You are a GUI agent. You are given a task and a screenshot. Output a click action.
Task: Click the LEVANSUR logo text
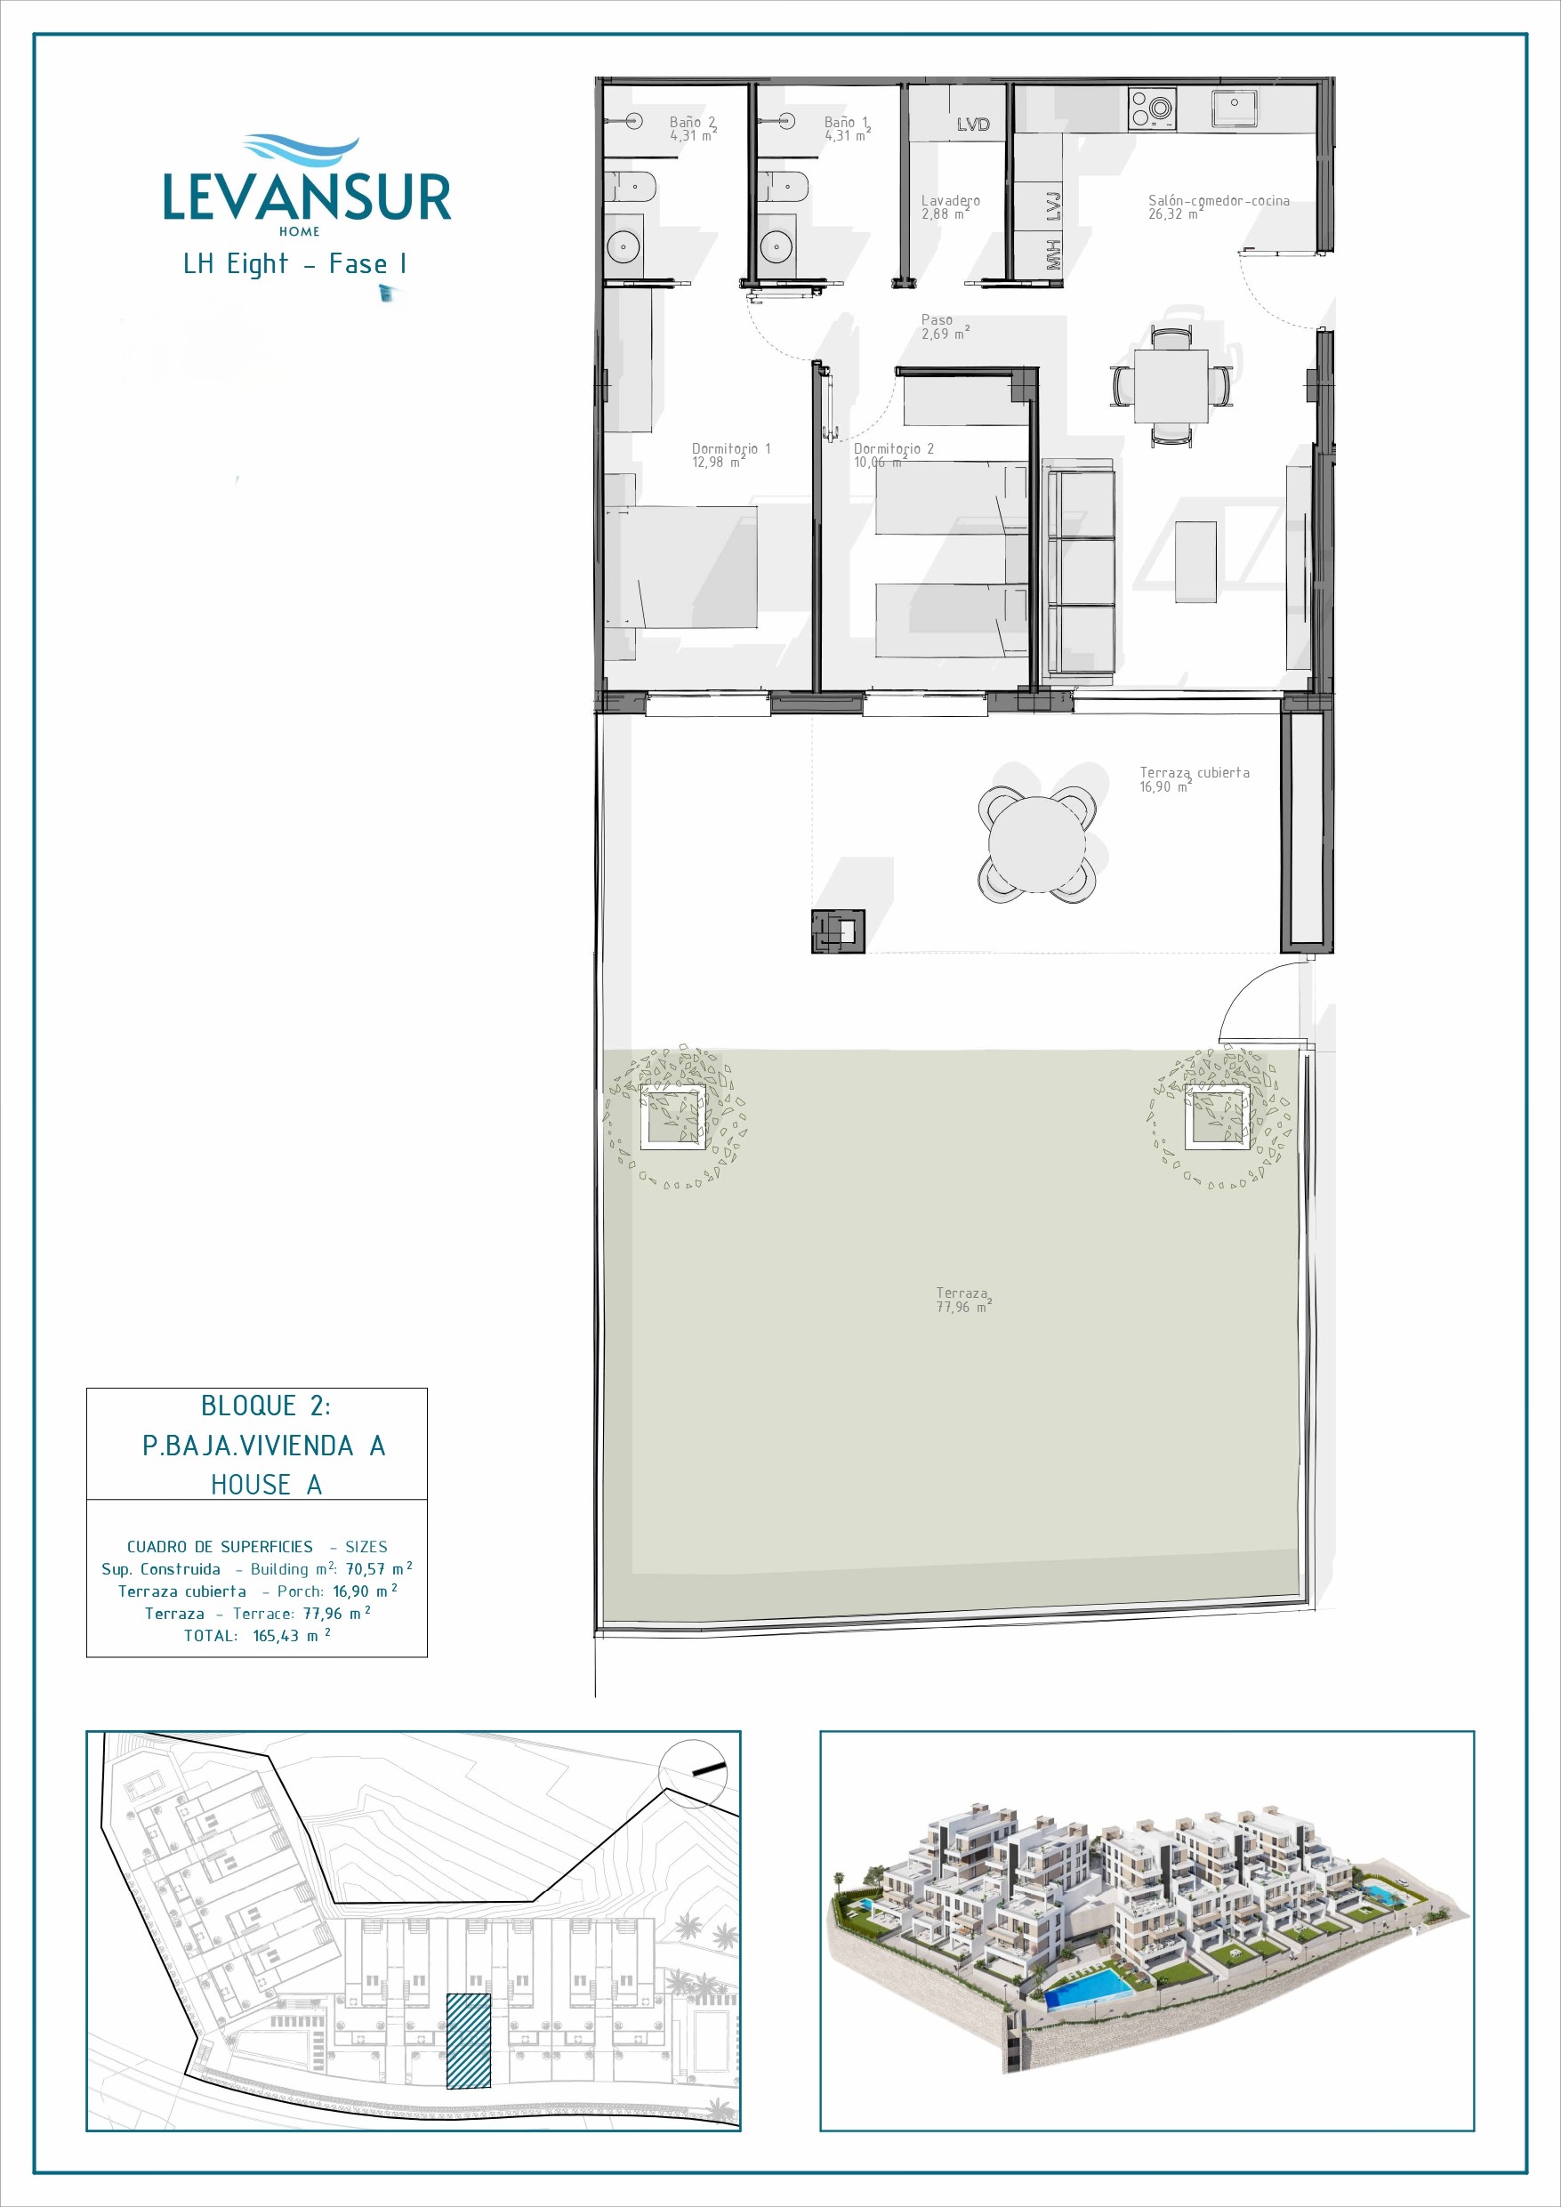[307, 197]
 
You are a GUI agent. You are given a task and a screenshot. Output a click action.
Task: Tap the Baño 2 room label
[692, 129]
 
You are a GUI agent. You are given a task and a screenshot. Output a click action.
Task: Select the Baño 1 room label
[847, 129]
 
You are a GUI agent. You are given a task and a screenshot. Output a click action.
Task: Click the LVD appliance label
[973, 124]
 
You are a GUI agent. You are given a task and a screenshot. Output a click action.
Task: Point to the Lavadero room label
[951, 206]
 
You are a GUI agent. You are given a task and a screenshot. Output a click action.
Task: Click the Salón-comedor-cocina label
[1219, 206]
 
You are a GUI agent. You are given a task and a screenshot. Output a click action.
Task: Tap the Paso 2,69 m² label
[945, 326]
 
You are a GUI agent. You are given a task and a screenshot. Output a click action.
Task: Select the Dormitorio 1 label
[730, 455]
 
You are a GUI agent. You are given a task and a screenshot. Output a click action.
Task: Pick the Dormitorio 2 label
[893, 455]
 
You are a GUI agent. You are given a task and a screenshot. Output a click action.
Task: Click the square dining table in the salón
[1171, 385]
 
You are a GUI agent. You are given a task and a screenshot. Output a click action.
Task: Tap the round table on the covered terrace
[1037, 843]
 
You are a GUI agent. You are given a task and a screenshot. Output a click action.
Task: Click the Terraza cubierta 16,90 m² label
[1194, 778]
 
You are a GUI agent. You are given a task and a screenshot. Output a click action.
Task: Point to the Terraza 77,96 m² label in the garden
[964, 1300]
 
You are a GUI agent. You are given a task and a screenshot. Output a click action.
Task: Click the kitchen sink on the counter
[1235, 108]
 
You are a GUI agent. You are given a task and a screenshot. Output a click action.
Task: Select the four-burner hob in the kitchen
[1153, 109]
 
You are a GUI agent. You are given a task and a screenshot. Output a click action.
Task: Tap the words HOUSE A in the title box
[266, 1485]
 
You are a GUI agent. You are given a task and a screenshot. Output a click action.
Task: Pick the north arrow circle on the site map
[692, 1774]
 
